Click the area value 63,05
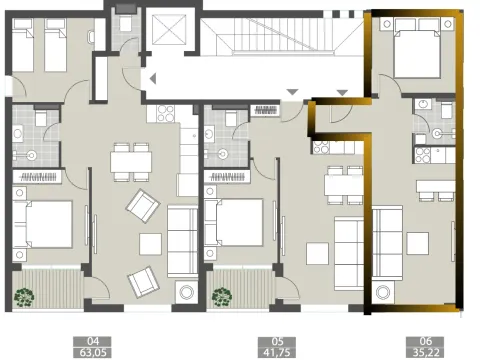click(x=95, y=351)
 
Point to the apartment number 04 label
click(x=95, y=340)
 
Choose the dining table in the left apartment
click(x=125, y=160)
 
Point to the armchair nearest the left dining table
click(x=142, y=207)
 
